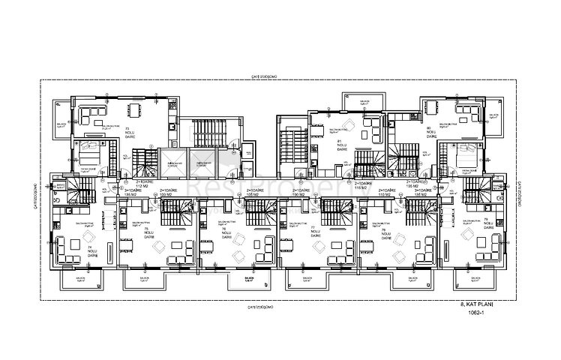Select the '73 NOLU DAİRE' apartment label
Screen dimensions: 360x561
[x=127, y=133]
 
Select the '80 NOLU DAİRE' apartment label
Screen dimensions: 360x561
[x=430, y=133]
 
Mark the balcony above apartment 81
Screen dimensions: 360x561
[x=363, y=102]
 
